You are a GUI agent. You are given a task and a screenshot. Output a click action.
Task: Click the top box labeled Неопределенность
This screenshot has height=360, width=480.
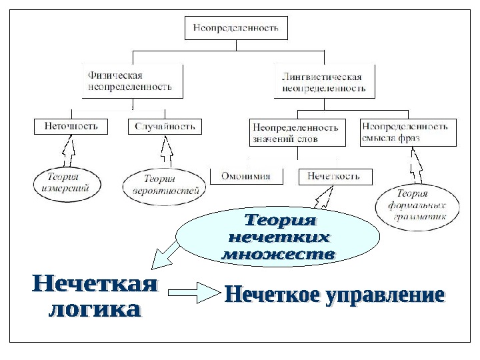(236, 28)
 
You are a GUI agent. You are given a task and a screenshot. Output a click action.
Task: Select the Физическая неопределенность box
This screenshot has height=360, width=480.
(131, 81)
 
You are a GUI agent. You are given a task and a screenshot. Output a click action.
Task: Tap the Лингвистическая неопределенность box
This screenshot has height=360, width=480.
(325, 82)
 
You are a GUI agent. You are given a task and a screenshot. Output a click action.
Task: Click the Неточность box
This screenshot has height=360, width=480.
(71, 125)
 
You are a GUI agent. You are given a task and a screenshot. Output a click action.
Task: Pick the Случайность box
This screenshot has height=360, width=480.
(165, 125)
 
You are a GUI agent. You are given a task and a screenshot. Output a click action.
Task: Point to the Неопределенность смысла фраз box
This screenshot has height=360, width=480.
(408, 132)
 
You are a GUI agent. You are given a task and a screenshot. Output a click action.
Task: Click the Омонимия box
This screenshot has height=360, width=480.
(246, 176)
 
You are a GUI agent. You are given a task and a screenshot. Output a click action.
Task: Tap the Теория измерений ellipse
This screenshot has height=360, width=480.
(67, 183)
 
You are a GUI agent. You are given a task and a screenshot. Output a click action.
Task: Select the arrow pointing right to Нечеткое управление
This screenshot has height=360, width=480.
(195, 291)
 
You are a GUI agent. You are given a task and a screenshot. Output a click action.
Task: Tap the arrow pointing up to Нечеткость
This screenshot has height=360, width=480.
(325, 199)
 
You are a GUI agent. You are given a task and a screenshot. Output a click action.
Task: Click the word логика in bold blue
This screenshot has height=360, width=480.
(96, 310)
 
